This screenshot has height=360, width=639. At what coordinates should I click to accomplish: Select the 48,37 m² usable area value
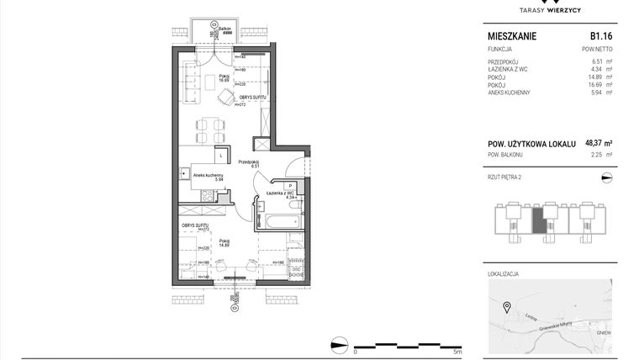click(x=597, y=144)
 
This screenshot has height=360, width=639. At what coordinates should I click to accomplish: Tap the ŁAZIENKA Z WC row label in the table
click(x=510, y=70)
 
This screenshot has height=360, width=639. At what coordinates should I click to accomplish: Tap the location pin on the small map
click(x=506, y=306)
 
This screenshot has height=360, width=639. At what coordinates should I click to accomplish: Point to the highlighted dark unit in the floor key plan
click(x=538, y=222)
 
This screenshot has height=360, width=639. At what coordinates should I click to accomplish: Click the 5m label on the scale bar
click(x=457, y=352)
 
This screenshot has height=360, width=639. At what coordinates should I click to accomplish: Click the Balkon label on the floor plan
click(x=224, y=29)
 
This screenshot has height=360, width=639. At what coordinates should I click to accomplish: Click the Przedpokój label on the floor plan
click(x=247, y=161)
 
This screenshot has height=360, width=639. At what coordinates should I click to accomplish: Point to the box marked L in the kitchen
click(x=219, y=156)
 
